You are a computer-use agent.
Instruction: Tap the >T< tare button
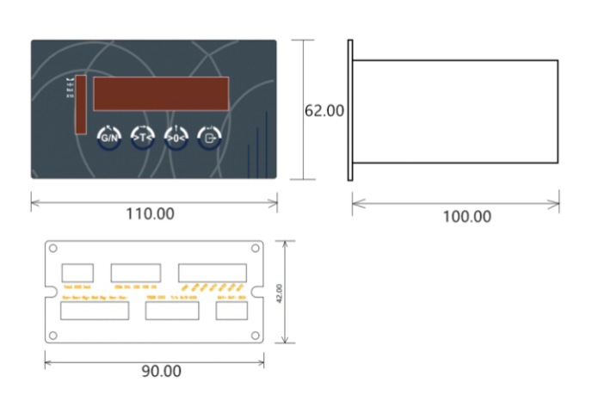point(142,137)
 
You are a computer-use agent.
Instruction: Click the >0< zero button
point(176,137)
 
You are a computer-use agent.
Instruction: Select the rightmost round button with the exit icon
point(209,137)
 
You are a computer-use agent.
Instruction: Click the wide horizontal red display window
point(161,94)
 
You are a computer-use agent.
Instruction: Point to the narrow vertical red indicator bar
point(80,105)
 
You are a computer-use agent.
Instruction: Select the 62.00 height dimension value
point(325,111)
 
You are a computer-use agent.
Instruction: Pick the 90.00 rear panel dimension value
point(161,372)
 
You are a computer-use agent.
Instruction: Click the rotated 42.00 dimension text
point(278,293)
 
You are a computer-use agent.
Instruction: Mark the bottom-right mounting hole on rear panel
point(255,336)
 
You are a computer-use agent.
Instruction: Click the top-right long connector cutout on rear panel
point(213,271)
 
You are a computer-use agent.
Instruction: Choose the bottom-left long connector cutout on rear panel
point(95,311)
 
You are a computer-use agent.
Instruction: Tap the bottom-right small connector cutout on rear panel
point(231,311)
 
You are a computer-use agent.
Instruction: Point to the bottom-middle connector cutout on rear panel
point(172,311)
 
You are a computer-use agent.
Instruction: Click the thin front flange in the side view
point(350,110)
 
